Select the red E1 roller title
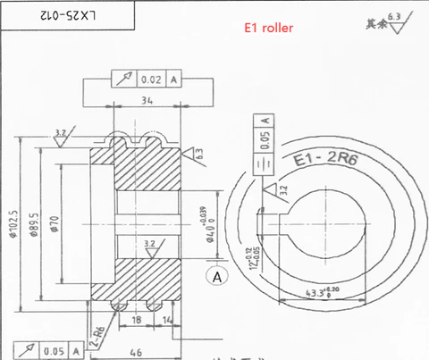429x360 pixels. (269, 29)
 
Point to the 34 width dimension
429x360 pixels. (147, 101)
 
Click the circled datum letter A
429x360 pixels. (215, 277)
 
